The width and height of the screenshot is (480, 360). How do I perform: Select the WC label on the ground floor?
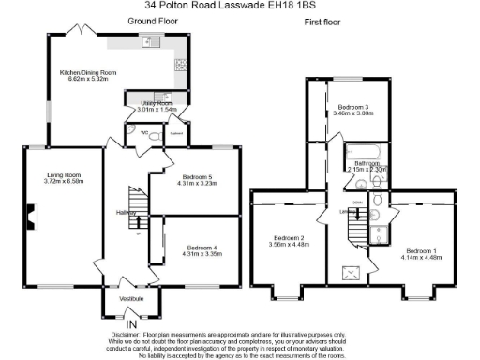(x=145, y=132)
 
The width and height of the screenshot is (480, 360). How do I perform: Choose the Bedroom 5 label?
(x=198, y=177)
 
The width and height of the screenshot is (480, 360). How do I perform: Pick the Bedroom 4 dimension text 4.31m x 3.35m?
(x=197, y=253)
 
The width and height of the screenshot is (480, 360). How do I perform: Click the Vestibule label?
(x=130, y=298)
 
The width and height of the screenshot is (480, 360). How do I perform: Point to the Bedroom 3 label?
(x=354, y=108)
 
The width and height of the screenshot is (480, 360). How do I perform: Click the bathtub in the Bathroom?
(x=362, y=150)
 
